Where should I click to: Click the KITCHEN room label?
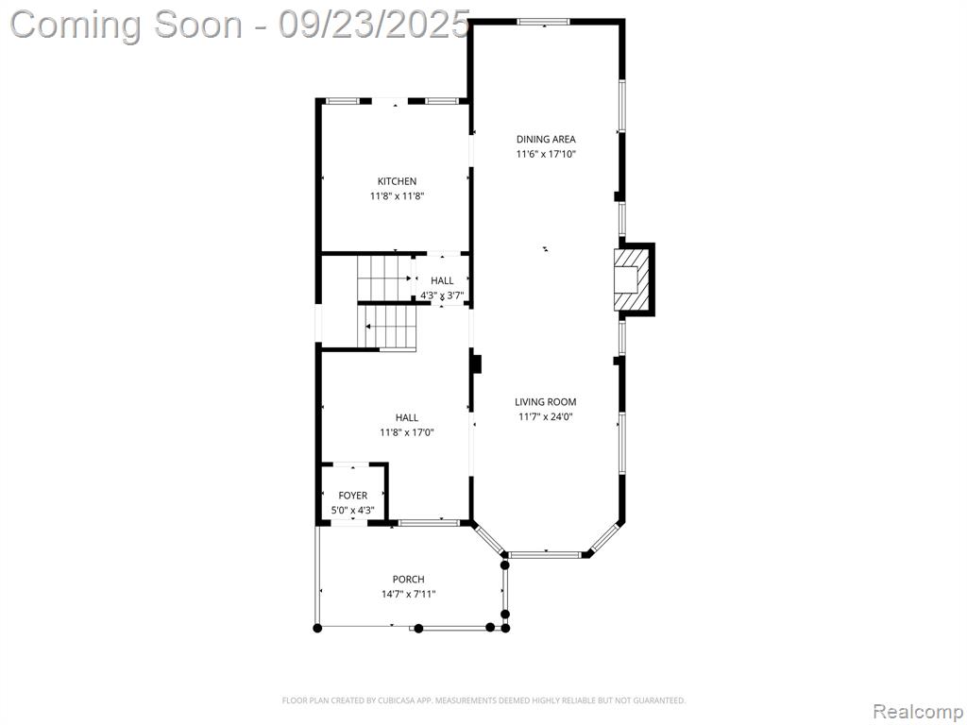point(397,181)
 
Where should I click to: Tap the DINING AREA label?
point(546,140)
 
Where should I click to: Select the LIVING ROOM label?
point(545,402)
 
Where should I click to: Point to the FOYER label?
point(353,496)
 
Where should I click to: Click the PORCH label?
point(408,580)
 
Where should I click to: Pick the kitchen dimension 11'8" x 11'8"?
point(398,196)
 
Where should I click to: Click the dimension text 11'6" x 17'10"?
point(546,154)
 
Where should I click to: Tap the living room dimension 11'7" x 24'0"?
point(546,416)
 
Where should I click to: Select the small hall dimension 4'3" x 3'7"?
point(442,295)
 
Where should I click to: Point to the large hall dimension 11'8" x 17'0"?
point(407,432)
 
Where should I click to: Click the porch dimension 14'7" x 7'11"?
point(408,595)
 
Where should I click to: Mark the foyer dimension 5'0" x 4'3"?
point(353,511)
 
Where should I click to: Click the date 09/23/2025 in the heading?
point(374,25)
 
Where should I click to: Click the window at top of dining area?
point(543,23)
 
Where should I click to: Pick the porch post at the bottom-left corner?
point(317,628)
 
